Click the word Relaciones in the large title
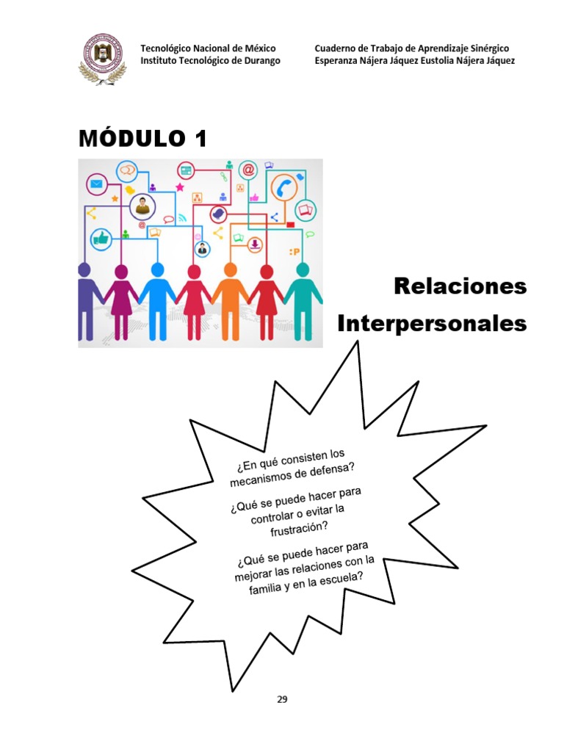[x=460, y=286]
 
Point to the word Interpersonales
[x=433, y=324]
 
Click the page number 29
[x=282, y=699]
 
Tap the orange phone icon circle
[x=283, y=188]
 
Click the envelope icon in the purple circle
[x=96, y=184]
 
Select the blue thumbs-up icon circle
[x=101, y=239]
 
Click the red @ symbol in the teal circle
[x=248, y=170]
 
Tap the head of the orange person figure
[x=230, y=270]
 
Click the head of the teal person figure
[x=302, y=270]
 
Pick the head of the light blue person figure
[x=157, y=270]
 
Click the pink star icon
[x=180, y=187]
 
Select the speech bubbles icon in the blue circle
[x=128, y=170]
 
